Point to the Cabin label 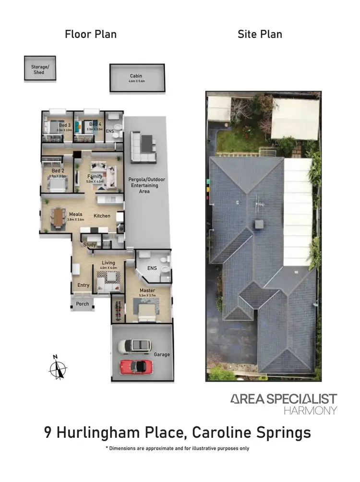pyautogui.click(x=136, y=76)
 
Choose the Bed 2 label pyautogui.click(x=58, y=171)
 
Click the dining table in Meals pyautogui.click(x=59, y=217)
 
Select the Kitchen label pyautogui.click(x=102, y=216)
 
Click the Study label pyautogui.click(x=90, y=245)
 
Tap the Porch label pyautogui.click(x=83, y=304)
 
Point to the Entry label pyautogui.click(x=84, y=285)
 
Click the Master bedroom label pyautogui.click(x=147, y=290)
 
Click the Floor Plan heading pyautogui.click(x=91, y=34)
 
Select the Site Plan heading pyautogui.click(x=260, y=34)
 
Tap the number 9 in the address pyautogui.click(x=48, y=433)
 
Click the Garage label pyautogui.click(x=162, y=355)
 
